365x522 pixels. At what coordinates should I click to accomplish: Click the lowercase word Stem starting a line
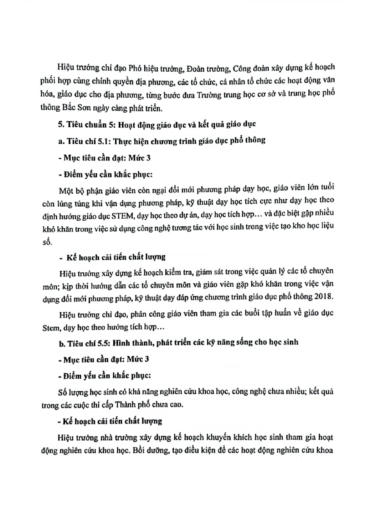(x=50, y=327)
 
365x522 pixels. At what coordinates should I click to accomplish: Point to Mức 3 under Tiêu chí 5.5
(x=138, y=359)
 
